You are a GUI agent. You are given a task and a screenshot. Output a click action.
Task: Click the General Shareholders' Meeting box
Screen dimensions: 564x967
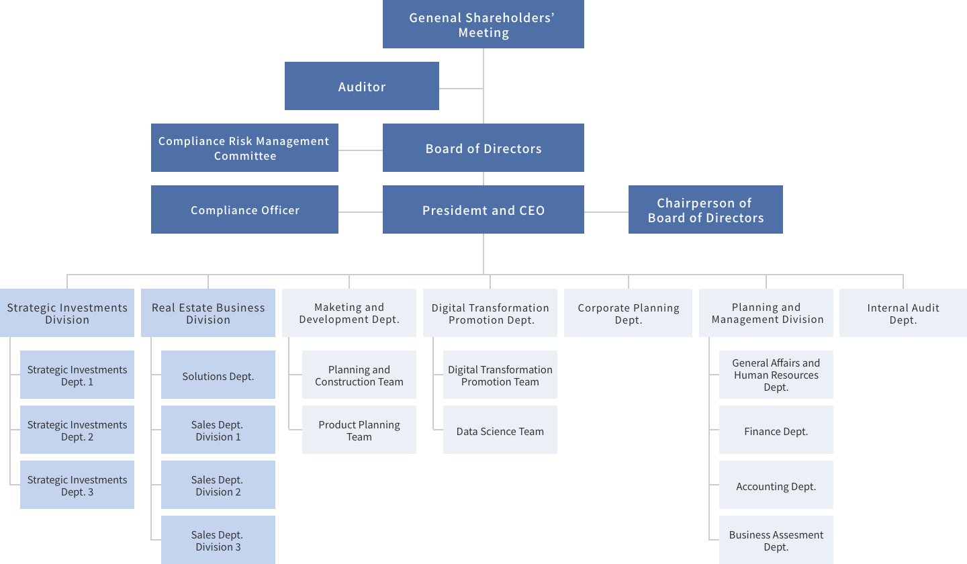483,25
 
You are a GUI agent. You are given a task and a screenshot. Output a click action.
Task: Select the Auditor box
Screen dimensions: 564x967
361,86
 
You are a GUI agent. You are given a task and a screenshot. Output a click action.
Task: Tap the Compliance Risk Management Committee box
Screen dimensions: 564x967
244,148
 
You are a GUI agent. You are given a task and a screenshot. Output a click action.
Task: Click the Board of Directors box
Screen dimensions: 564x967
483,148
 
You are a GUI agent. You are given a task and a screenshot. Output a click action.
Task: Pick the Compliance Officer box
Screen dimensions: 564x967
244,209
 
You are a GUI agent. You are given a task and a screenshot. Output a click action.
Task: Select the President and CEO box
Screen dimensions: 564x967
483,209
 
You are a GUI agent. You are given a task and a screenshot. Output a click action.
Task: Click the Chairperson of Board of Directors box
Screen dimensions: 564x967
705,209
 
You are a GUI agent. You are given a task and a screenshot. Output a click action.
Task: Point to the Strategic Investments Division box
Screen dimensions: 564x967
67,313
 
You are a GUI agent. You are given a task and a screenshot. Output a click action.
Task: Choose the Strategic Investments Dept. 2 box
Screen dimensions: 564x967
77,430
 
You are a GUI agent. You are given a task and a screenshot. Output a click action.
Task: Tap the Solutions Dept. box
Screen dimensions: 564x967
218,375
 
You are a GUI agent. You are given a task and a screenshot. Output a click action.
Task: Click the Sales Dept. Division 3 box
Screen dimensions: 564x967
218,540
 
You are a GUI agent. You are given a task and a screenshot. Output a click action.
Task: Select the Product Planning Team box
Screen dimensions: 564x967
359,430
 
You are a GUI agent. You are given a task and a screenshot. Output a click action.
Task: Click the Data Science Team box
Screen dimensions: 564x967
500,430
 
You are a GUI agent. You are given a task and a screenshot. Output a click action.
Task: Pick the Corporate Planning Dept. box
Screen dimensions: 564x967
628,313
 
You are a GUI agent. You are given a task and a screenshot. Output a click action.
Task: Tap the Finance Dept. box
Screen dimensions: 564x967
776,430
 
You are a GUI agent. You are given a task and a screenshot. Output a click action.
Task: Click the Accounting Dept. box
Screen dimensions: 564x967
776,485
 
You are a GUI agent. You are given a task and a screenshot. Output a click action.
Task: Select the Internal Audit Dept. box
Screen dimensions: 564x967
903,313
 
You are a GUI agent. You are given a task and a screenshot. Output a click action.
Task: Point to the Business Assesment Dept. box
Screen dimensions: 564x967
776,540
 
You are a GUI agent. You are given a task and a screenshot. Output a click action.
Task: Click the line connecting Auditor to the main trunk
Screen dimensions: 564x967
461,88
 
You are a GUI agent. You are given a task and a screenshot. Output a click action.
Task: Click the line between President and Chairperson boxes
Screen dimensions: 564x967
606,211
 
